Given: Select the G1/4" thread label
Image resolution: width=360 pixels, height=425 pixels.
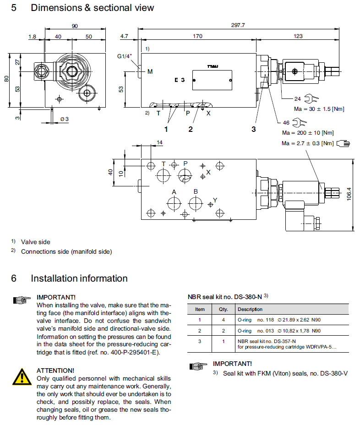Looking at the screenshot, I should tap(125, 57).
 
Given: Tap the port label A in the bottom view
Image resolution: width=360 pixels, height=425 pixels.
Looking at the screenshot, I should tap(174, 192).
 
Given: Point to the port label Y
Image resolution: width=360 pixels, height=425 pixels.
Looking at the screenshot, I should tap(215, 200).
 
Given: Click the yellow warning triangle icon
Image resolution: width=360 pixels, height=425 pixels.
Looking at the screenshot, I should tap(22, 376).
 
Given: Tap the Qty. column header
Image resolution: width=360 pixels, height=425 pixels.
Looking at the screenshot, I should tap(224, 309).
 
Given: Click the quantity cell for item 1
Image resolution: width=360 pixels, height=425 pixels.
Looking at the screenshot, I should tap(224, 320).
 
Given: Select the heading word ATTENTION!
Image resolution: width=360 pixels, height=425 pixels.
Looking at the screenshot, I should tap(55, 370).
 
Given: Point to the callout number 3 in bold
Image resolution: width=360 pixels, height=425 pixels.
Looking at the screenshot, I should tap(253, 129).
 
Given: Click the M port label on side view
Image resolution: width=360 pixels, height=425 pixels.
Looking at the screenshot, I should tap(149, 71).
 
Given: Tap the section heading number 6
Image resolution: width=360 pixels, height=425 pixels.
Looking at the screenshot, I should tap(14, 278).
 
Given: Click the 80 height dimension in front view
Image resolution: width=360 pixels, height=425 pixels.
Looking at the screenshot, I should tap(6, 78).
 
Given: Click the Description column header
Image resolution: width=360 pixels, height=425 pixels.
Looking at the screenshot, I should tap(250, 309).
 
